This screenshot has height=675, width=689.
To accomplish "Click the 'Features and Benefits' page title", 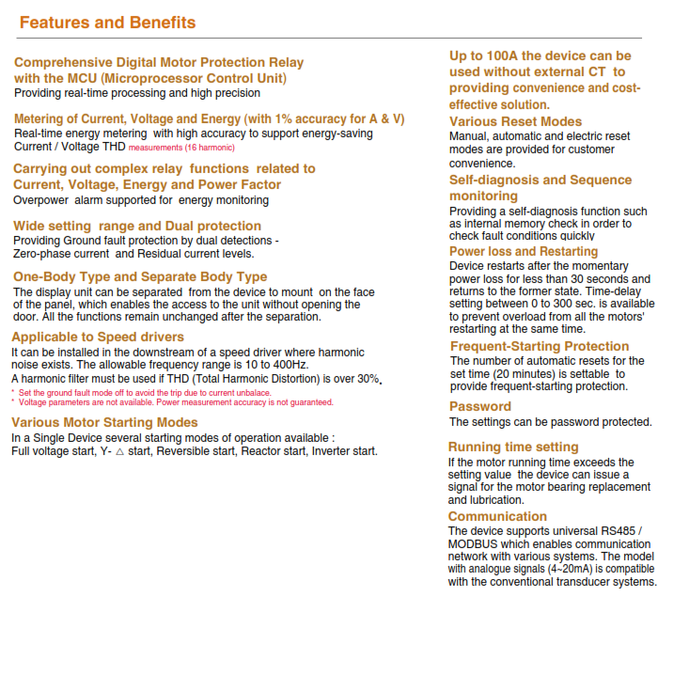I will point(108,23).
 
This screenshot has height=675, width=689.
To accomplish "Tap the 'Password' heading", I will point(479,406).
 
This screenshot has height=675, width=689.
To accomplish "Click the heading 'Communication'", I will point(497,516).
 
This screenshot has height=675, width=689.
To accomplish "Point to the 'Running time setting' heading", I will point(513,447).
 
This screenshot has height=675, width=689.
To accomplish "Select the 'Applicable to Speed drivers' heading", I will point(98,337).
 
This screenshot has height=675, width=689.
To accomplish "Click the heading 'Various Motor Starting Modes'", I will point(104,422).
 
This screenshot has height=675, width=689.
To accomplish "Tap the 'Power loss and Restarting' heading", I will point(524,251).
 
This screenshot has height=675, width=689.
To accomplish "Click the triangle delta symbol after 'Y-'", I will point(119,451).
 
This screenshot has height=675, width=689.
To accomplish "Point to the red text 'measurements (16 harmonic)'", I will point(181,148).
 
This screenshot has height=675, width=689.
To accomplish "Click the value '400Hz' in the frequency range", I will point(290,365).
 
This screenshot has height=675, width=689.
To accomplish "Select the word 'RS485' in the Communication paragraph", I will point(617,532).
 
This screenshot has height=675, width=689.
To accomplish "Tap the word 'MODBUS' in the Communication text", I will point(476,544).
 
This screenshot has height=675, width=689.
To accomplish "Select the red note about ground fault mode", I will point(145,392).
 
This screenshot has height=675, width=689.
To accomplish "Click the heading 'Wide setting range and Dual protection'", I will point(137,226).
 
